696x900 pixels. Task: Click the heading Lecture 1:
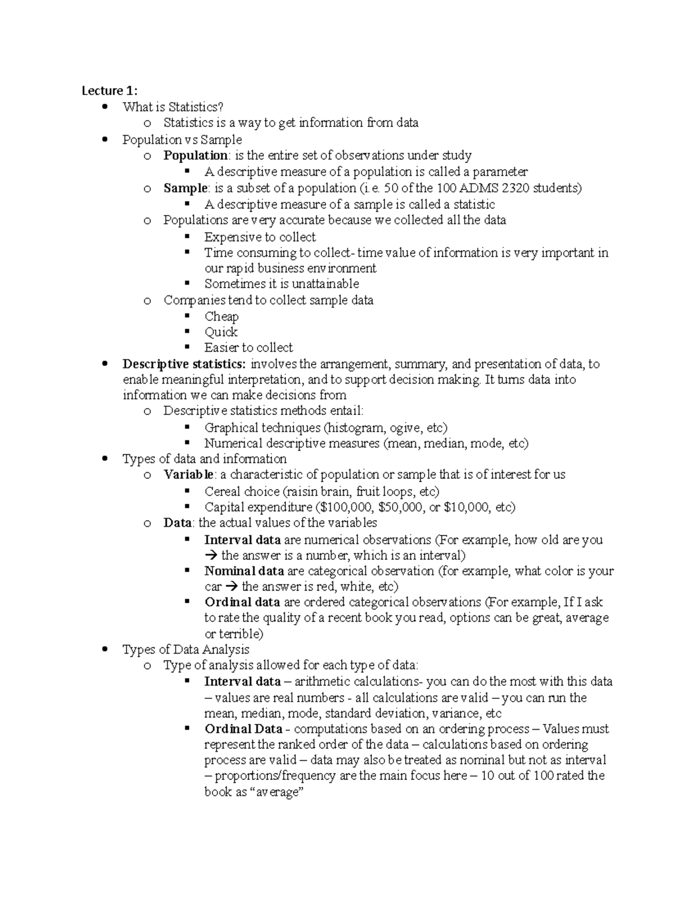[x=110, y=90]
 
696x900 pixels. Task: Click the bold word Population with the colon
[x=196, y=155]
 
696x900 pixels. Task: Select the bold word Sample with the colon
[x=186, y=188]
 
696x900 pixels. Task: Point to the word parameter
[x=501, y=172]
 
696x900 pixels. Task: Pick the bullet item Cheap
[x=222, y=316]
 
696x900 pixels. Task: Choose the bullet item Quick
[x=221, y=332]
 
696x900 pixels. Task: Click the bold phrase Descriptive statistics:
[x=184, y=364]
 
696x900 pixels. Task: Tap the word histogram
[x=356, y=428]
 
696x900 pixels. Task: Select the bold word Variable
[x=189, y=475]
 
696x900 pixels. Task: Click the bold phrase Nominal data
[x=244, y=571]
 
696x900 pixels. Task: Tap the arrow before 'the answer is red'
[x=233, y=586]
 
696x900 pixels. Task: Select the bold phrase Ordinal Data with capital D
[x=244, y=729]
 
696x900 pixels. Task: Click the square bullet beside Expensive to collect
[x=187, y=236]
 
